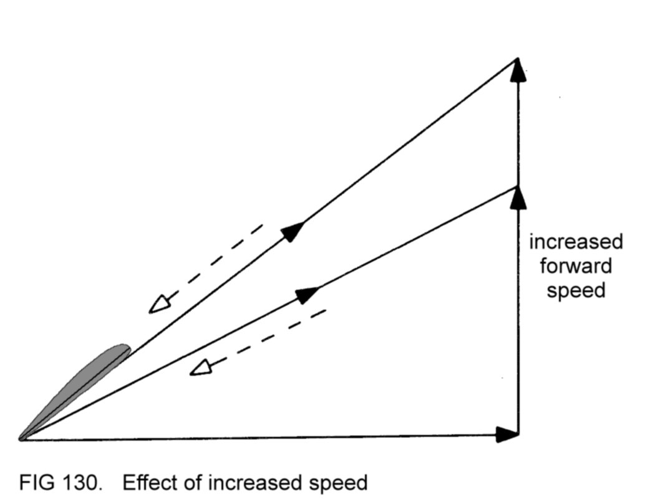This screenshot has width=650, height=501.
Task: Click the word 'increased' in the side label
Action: tap(575, 242)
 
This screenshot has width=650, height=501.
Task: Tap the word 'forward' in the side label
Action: tap(575, 266)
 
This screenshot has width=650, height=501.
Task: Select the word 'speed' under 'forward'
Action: tap(576, 290)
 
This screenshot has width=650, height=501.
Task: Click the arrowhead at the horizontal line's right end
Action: tap(507, 434)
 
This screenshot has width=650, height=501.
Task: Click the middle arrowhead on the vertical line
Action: tap(517, 198)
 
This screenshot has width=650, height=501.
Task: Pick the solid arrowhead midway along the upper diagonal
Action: tap(293, 231)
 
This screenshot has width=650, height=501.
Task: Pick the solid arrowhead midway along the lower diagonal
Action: tap(307, 294)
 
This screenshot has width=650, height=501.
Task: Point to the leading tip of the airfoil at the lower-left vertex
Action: tap(22, 439)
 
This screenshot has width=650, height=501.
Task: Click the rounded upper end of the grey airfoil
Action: tap(124, 348)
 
